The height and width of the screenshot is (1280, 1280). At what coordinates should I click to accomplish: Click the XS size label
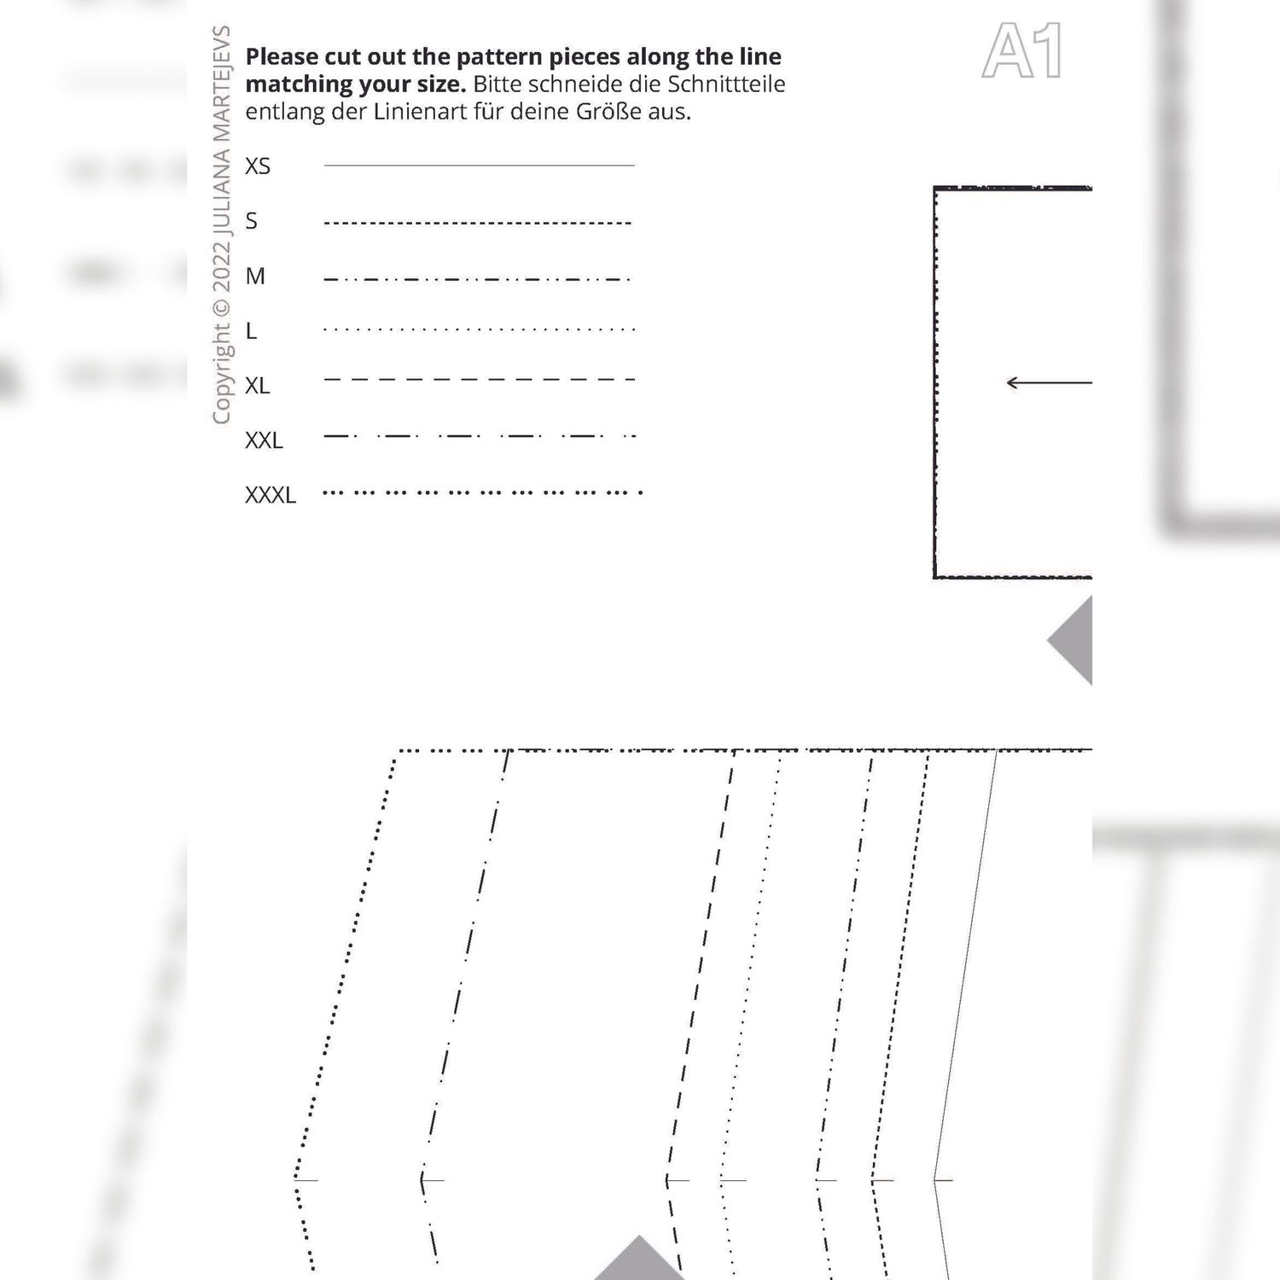258,166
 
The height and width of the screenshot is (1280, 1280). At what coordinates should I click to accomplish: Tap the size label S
251,221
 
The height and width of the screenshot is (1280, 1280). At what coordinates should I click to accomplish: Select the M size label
255,276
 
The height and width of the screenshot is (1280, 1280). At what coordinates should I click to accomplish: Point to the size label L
251,330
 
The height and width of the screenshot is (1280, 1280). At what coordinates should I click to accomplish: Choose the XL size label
258,386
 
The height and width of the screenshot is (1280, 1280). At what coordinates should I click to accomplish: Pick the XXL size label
264,440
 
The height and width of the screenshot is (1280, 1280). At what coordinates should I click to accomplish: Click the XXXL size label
271,495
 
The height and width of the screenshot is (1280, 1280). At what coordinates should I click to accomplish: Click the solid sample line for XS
480,165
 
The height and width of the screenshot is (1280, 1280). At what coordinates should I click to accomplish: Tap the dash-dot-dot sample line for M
478,279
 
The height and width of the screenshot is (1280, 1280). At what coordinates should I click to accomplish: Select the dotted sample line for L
480,329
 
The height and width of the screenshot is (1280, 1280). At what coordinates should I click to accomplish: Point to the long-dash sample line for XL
480,379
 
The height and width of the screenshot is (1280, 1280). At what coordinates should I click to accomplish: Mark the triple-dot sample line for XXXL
483,492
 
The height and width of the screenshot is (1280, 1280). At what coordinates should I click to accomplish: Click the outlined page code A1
1022,51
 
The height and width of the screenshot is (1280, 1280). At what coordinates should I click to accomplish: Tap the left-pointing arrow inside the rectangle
1050,382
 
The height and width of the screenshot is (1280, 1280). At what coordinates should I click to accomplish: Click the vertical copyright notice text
221,225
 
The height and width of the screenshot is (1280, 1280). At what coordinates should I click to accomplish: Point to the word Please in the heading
281,57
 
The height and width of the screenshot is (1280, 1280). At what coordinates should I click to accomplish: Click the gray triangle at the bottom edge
639,1258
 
